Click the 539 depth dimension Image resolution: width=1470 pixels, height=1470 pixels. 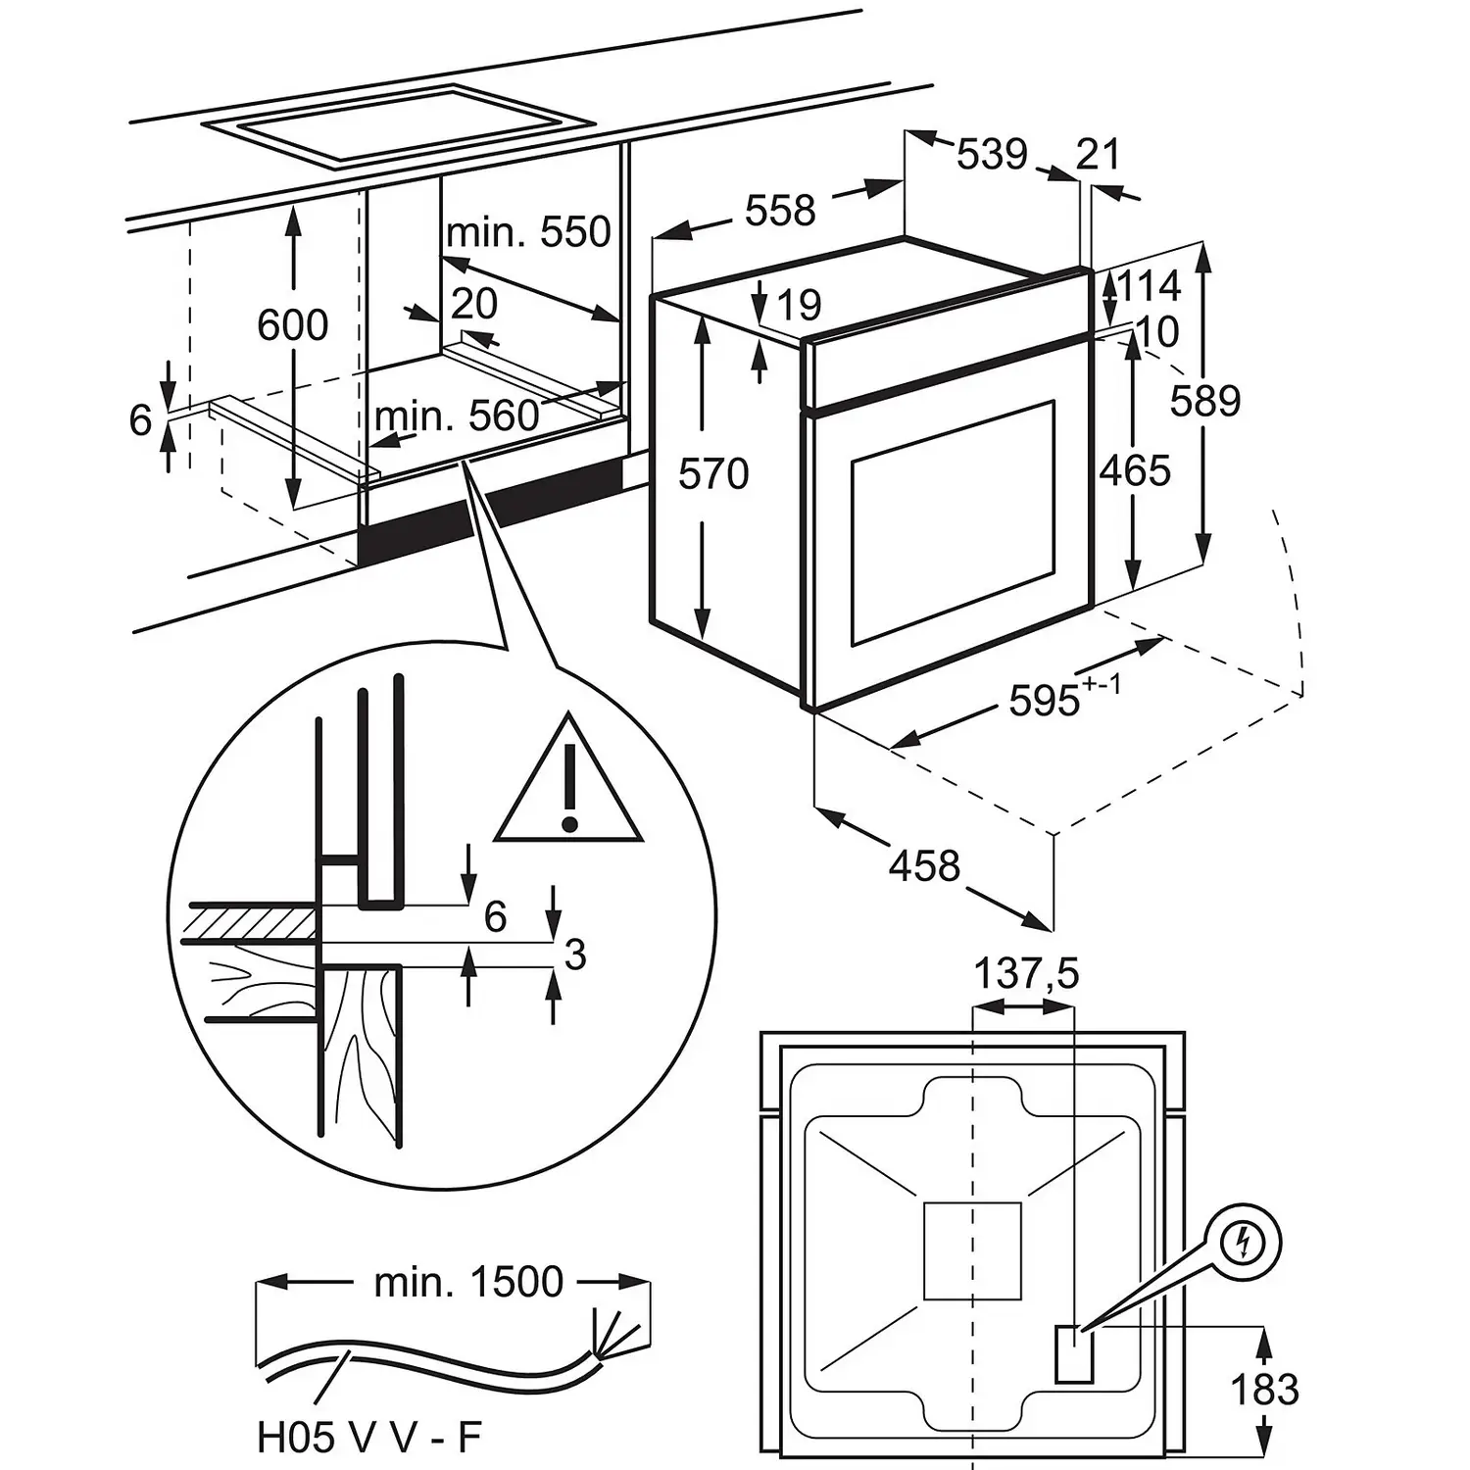pos(992,154)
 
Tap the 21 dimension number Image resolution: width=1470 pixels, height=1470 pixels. pos(1098,154)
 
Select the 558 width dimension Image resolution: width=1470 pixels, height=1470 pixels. pos(780,210)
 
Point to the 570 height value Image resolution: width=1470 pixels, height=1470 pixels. pos(714,473)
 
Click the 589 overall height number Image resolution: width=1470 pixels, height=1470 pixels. pos(1205,401)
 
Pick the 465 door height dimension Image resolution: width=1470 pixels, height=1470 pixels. pos(1135,470)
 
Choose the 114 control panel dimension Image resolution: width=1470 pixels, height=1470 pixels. pos(1149,286)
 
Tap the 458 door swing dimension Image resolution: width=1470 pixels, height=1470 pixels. pos(925,865)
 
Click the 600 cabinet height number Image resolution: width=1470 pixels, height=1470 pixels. pos(293,324)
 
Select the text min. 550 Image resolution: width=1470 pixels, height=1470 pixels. pos(528,232)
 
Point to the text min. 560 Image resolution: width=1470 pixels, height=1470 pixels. pos(457,416)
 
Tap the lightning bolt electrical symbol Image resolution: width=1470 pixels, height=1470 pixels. pos(1246,1244)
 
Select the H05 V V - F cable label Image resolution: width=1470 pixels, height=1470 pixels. pos(369,1438)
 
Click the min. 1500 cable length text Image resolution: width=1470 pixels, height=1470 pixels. pos(468,1282)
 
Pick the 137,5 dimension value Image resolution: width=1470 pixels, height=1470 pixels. pos(1025,973)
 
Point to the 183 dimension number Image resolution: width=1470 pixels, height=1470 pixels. pos(1264,1389)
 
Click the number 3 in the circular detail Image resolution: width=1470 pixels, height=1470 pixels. pos(575,954)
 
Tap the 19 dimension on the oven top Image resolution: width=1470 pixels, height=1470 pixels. pos(801,305)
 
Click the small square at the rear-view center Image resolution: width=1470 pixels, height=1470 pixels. pos(972,1250)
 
